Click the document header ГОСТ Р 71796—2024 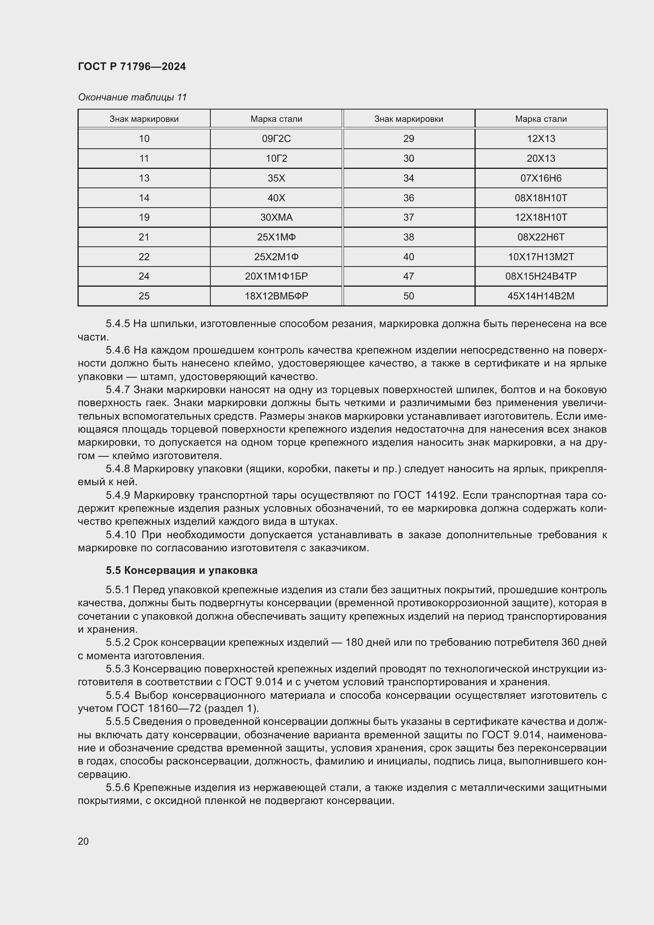132,66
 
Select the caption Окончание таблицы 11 132,97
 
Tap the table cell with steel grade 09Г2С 276,138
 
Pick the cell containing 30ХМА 276,218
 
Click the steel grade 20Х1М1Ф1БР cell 276,276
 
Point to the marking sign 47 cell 408,276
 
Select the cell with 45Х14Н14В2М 541,296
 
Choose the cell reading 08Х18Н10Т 541,198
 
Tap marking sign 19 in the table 144,218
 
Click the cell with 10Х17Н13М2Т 541,257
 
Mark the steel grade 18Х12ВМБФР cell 276,296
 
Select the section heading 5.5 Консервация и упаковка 181,571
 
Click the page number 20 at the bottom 83,841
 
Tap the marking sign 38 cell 408,237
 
